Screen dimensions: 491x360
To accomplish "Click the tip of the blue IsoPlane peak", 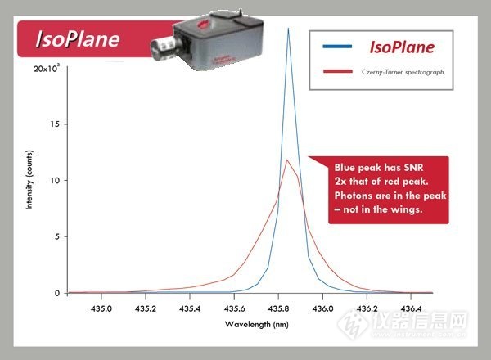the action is pyautogui.click(x=288, y=28).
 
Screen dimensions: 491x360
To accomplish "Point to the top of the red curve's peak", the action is pyautogui.click(x=287, y=160).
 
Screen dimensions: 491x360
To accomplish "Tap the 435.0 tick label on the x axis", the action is pyautogui.click(x=101, y=308).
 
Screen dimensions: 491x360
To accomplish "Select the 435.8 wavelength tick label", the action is pyautogui.click(x=278, y=308).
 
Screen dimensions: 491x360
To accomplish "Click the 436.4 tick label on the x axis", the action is pyautogui.click(x=411, y=308).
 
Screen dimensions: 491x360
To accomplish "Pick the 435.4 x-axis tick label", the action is pyautogui.click(x=190, y=308).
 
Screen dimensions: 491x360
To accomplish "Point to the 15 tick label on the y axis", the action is pyautogui.click(x=55, y=124).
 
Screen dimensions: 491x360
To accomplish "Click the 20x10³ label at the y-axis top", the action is pyautogui.click(x=47, y=68).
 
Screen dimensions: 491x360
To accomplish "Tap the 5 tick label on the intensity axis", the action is pyautogui.click(x=57, y=236).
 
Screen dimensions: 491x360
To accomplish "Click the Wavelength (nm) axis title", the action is pyautogui.click(x=257, y=324).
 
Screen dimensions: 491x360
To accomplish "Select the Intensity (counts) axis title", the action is pyautogui.click(x=29, y=180).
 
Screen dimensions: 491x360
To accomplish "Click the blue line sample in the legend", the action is pyautogui.click(x=337, y=47).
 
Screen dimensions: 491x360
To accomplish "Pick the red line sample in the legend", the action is pyautogui.click(x=337, y=71).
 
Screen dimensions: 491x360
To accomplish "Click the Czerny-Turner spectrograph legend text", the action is pyautogui.click(x=403, y=72).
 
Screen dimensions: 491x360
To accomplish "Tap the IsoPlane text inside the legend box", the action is pyautogui.click(x=402, y=47).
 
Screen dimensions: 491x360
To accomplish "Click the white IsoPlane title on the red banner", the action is pyautogui.click(x=78, y=39).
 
